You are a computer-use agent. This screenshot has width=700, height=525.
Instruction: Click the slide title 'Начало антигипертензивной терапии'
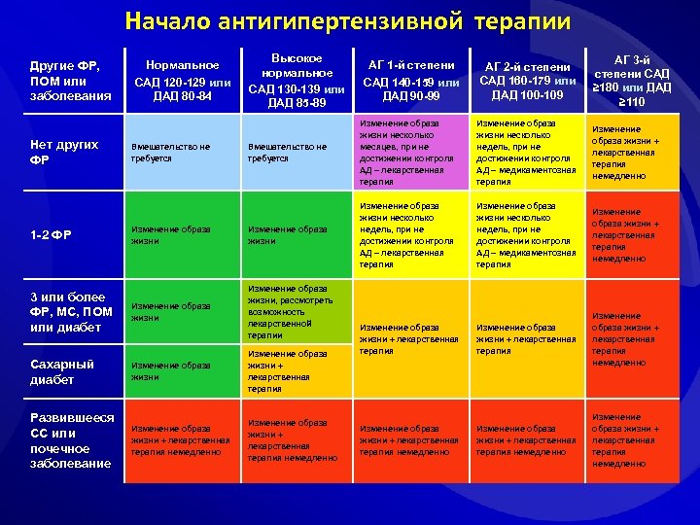pos(348,21)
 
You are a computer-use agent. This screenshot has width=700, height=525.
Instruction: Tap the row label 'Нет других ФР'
pos(65,152)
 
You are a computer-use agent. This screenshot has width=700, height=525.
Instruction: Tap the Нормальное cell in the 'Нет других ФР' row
pos(182,153)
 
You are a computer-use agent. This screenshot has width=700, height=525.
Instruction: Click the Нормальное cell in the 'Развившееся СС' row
pos(182,440)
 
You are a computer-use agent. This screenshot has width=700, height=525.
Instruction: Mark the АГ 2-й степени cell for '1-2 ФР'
pos(524,234)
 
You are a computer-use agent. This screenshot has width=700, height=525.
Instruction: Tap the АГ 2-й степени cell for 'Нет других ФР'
pos(524,153)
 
